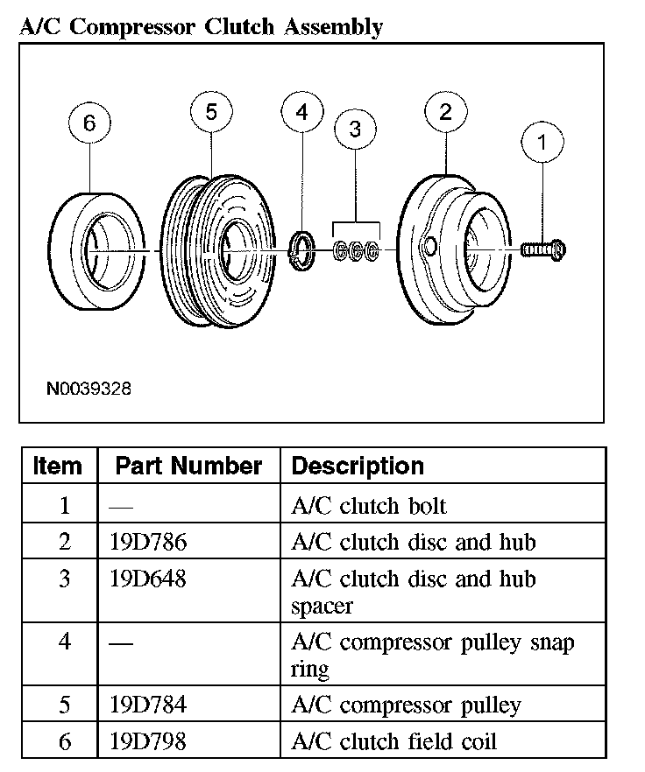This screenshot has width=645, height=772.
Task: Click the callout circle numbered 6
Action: pos(89,124)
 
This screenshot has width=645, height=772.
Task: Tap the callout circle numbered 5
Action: pos(211,113)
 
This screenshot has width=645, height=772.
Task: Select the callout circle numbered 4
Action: pos(301,113)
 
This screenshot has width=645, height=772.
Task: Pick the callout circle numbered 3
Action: pos(355,130)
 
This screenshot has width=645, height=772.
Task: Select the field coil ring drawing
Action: pos(94,251)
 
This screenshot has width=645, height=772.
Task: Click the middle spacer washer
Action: pos(356,252)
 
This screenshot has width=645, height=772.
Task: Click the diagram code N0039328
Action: pos(89,388)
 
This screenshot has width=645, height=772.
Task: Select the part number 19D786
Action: pos(149,543)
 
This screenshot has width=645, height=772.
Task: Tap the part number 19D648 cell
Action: pos(149,579)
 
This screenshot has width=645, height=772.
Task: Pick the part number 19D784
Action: pos(149,705)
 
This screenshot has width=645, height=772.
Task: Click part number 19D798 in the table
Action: pos(149,742)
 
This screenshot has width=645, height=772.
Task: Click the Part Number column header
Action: pos(188,466)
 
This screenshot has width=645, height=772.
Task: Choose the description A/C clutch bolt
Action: pos(368,506)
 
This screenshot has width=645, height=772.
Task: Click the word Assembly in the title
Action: pos(332,26)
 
